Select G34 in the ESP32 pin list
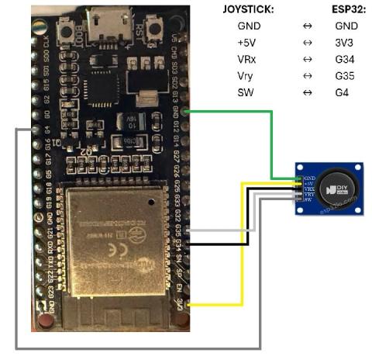(x=346, y=58)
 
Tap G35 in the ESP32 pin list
(x=346, y=75)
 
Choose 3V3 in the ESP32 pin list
(x=346, y=42)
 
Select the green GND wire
(x=270, y=140)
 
